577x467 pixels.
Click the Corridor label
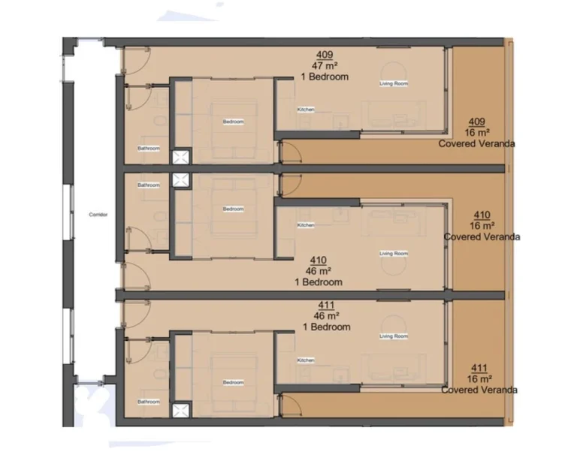[98, 215]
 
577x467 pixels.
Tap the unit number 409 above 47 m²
[324, 55]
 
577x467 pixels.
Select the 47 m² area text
[324, 65]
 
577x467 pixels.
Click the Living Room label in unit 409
[393, 83]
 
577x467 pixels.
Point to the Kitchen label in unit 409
[306, 110]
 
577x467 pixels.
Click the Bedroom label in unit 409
[233, 122]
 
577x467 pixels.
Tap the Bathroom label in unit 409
[149, 148]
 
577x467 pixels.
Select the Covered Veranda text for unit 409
[476, 143]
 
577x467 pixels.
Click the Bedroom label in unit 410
[233, 209]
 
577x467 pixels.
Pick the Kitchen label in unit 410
[306, 225]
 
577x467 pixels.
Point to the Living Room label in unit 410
[393, 253]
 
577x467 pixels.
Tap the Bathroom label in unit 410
[149, 185]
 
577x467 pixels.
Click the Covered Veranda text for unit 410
[482, 237]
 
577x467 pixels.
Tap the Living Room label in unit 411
[393, 336]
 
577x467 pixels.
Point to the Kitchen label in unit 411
[306, 360]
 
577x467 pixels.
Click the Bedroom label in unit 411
[233, 382]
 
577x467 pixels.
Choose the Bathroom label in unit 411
[149, 402]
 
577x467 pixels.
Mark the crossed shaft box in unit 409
[182, 157]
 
